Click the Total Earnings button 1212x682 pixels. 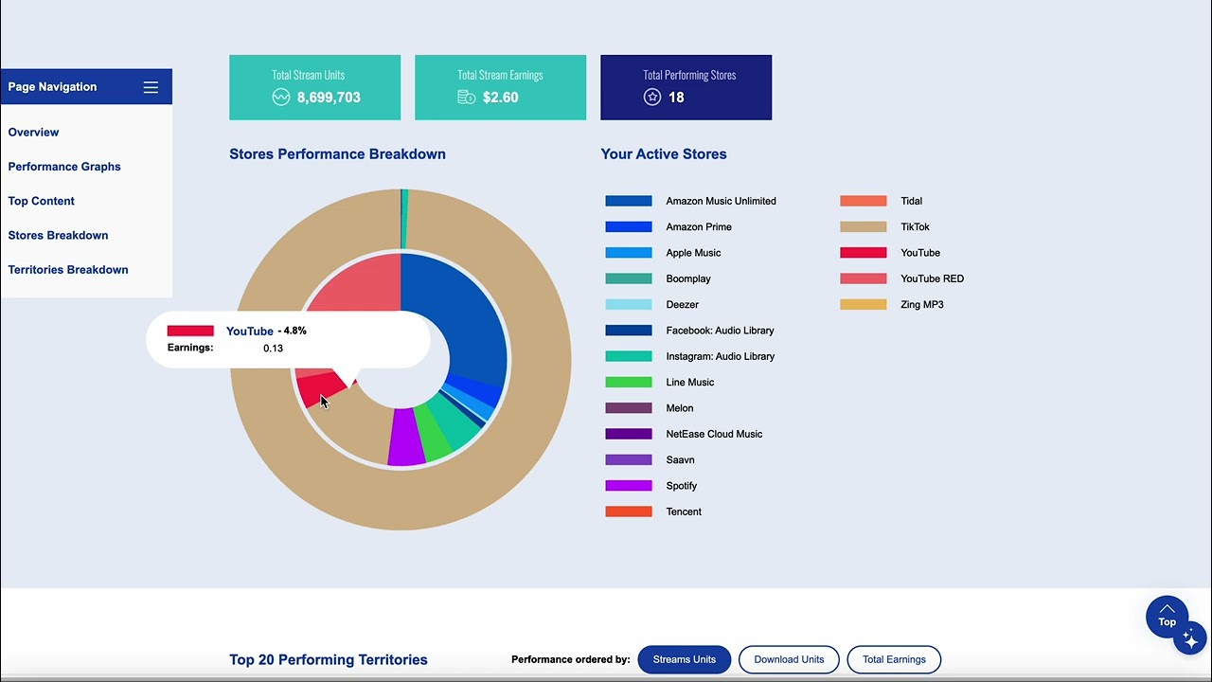894,659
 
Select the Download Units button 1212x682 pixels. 789,659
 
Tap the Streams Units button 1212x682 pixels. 684,659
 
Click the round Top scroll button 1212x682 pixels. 1167,617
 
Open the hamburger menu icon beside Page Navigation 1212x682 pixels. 151,87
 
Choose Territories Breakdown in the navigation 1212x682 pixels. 68,270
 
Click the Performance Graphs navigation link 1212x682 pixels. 64,167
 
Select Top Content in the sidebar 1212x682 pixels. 42,201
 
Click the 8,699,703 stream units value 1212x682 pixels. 329,98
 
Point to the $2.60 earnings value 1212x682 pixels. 500,98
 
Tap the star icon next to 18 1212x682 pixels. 652,97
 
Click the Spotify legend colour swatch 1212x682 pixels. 629,486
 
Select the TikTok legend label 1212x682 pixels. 915,227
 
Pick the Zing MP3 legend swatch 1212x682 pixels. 863,305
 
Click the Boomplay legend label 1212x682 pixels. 688,279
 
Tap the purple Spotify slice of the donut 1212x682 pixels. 405,438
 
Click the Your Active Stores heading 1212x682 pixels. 663,154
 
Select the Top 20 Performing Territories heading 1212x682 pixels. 328,660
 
